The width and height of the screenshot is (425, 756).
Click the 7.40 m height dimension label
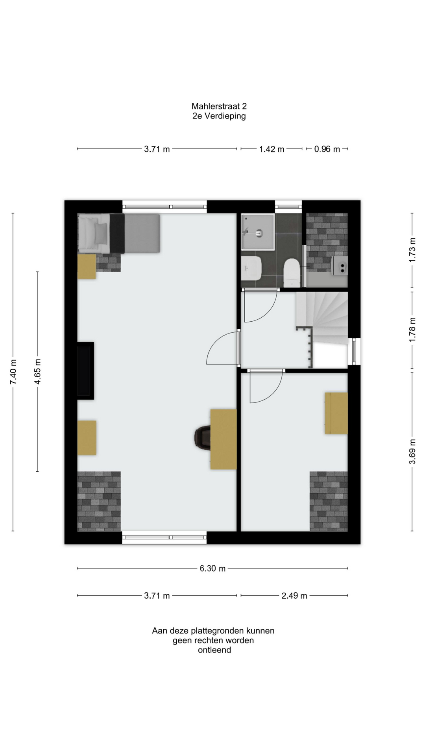[13, 372]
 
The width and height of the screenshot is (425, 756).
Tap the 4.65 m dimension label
[37, 372]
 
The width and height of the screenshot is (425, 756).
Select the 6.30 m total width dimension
[213, 568]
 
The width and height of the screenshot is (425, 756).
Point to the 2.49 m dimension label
[294, 595]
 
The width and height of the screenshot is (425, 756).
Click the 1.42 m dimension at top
[272, 149]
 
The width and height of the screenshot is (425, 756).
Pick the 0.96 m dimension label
[327, 149]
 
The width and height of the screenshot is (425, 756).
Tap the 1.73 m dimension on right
[412, 250]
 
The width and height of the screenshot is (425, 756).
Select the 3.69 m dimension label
[412, 452]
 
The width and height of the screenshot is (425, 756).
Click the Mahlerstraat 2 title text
[219, 106]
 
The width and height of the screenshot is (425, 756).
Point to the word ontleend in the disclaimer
[214, 650]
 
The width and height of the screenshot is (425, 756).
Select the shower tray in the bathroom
[258, 232]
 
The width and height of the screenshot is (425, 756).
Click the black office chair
[203, 437]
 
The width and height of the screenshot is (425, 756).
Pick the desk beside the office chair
[224, 439]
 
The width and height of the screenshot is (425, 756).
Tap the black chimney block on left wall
[85, 371]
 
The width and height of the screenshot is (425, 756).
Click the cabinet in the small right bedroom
[336, 413]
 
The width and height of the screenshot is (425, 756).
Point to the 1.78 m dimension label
[412, 329]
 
